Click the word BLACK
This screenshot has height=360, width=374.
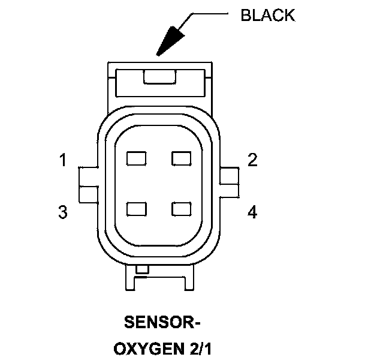click(267, 15)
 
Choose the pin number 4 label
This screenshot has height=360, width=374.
click(252, 212)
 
